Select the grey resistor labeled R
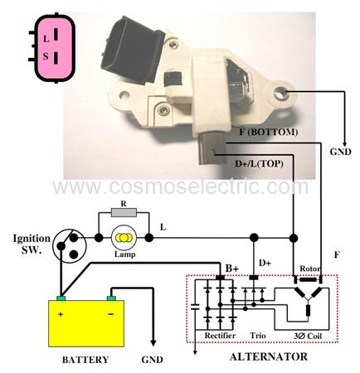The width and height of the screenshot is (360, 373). click(124, 212)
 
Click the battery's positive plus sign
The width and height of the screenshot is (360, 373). click(61, 314)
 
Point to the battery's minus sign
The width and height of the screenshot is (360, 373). click(111, 314)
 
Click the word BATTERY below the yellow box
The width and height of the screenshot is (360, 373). click(85, 360)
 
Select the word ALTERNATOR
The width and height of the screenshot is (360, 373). click(269, 356)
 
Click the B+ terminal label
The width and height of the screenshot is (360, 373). click(232, 269)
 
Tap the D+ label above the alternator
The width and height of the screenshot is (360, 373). click(265, 263)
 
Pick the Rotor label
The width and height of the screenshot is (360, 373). click(310, 269)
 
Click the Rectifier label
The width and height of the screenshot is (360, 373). click(220, 336)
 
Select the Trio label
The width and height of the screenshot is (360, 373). click(258, 336)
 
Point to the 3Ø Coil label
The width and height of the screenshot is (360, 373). click(308, 336)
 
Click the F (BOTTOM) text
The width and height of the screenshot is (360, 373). click(269, 132)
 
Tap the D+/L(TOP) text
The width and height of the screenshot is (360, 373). click(259, 163)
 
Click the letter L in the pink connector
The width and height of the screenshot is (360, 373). click(46, 39)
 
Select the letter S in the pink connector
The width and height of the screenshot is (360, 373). click(46, 56)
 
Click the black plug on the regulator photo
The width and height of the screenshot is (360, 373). click(131, 50)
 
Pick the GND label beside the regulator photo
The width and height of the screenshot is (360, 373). click(341, 152)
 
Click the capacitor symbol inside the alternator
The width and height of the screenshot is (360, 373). click(195, 306)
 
